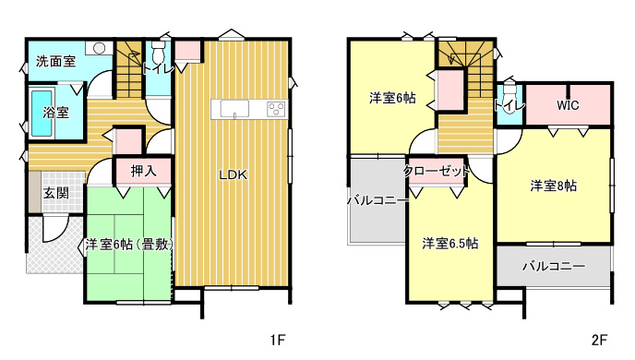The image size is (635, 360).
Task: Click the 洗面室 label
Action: [56, 62]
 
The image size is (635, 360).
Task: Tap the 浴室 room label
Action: [56, 113]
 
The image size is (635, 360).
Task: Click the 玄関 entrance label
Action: [56, 193]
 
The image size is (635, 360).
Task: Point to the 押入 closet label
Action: [143, 171]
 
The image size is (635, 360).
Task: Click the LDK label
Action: [234, 175]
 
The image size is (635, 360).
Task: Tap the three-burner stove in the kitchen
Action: [276, 109]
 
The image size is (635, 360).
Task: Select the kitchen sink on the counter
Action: [234, 109]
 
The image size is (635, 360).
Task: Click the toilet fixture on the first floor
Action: [158, 50]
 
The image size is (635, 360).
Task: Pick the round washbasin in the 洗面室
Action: [100, 48]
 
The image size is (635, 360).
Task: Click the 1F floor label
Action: [278, 341]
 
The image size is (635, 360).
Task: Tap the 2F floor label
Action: [599, 341]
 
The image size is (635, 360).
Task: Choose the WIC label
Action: [568, 105]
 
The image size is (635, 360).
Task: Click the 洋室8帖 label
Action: [554, 186]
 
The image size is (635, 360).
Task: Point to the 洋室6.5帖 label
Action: [449, 244]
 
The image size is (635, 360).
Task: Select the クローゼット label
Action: [437, 172]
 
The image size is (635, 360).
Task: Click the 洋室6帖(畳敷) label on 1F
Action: [129, 245]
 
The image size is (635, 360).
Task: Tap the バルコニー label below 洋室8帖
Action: [554, 266]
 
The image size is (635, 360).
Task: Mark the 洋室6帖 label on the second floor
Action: [392, 98]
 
